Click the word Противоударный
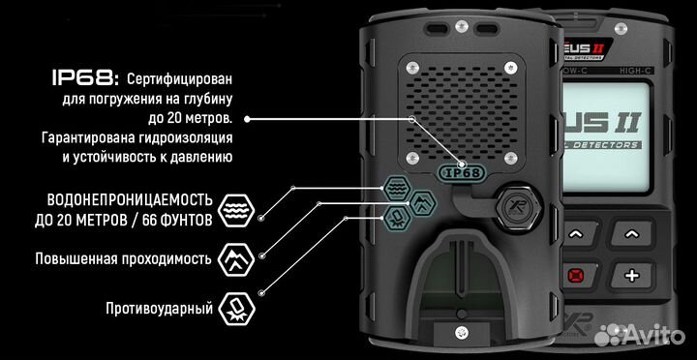coord(159,309)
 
